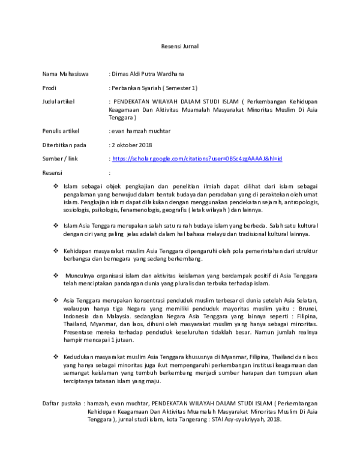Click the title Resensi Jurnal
(180, 46)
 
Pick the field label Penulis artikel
(61, 130)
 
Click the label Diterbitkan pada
(65, 145)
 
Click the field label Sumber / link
(61, 159)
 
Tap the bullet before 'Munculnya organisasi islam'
(56, 274)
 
